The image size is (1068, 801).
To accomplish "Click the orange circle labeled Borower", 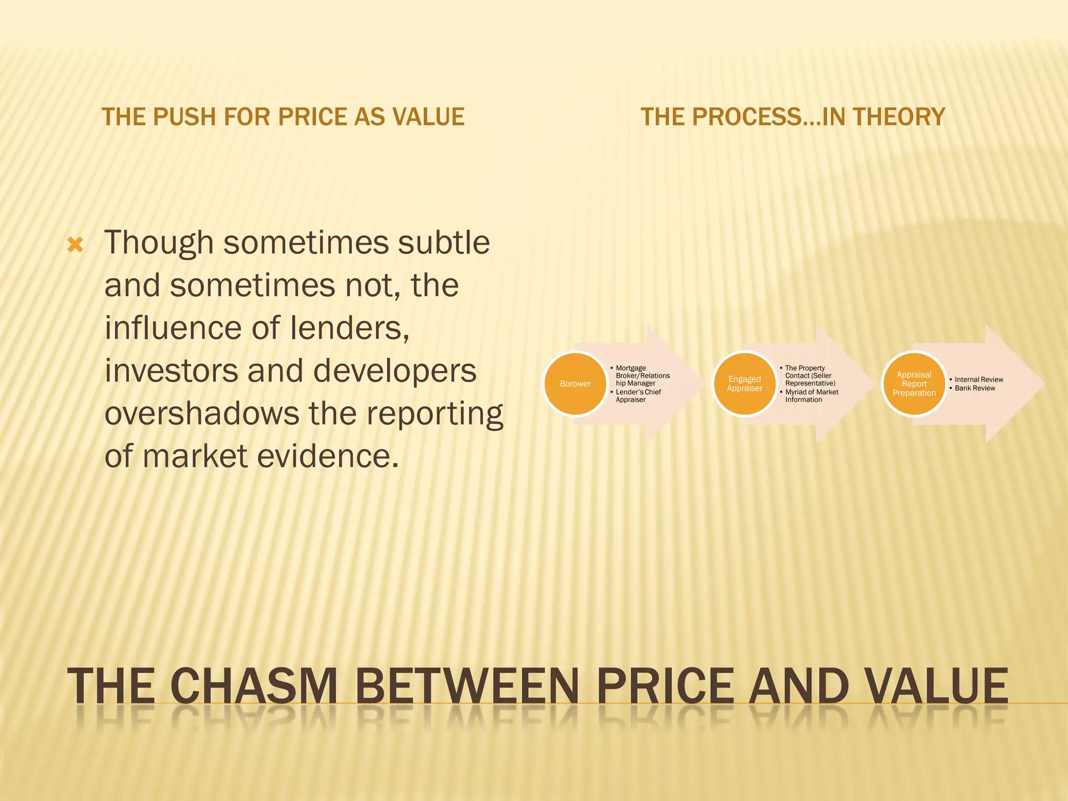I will (575, 384).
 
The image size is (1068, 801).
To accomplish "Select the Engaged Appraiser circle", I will (745, 384).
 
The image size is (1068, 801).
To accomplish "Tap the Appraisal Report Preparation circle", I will (914, 384).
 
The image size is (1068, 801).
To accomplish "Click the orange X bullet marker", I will (76, 245).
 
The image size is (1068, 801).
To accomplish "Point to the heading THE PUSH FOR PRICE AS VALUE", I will (283, 117).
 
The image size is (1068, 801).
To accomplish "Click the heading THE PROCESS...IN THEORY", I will (793, 117).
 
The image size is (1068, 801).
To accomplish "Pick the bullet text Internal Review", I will (979, 380).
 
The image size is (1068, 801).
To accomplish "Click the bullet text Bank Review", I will (975, 388).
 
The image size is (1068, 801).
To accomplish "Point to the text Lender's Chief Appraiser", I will (638, 396).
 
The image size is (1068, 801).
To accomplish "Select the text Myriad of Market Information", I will (811, 396).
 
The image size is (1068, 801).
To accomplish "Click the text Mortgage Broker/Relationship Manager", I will (642, 375).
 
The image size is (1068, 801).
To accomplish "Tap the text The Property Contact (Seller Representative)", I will (810, 375).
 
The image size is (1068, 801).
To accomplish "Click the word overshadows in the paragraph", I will (201, 414).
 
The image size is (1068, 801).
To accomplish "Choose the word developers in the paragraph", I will (395, 371).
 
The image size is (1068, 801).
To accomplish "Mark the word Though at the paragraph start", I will (159, 243).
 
